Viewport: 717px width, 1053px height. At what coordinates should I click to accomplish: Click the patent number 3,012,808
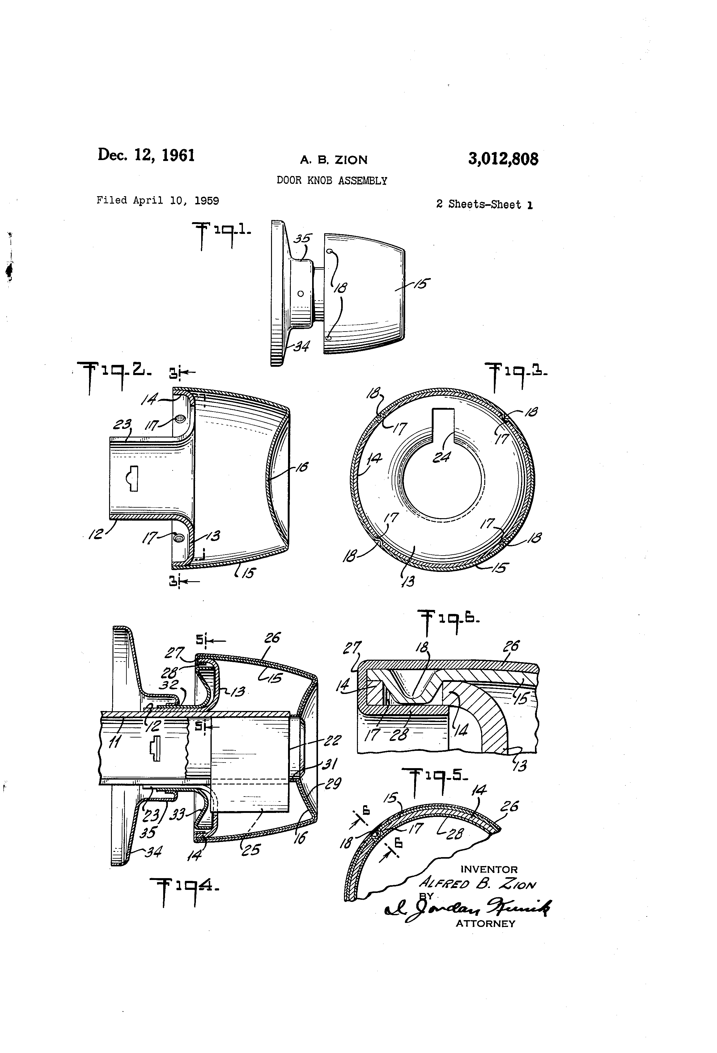click(503, 159)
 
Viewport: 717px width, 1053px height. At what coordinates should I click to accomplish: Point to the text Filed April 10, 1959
click(158, 200)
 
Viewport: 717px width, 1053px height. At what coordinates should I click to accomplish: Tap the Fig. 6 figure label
click(449, 619)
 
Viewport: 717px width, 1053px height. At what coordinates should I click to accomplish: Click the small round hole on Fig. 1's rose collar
click(300, 294)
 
